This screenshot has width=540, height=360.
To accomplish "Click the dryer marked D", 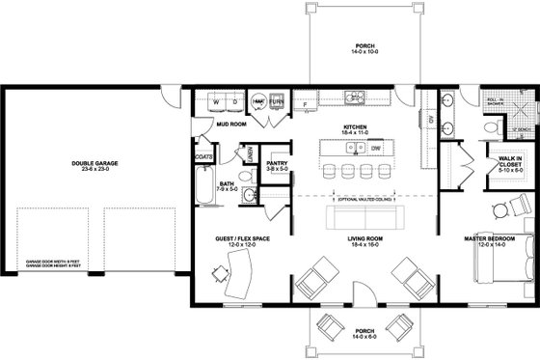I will (x=234, y=100).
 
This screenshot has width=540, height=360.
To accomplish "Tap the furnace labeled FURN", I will (x=276, y=100).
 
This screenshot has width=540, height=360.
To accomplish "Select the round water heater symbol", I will (x=258, y=100).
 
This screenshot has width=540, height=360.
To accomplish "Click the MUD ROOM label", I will (x=229, y=125).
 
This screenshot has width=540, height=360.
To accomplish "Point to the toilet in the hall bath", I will (x=247, y=196).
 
